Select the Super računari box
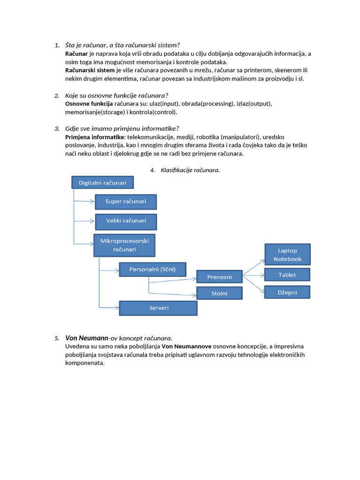(x=126, y=202)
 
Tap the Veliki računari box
(x=126, y=221)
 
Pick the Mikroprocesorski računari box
(x=124, y=245)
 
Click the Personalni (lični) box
(x=152, y=270)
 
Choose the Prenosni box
(x=219, y=277)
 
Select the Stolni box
(x=219, y=293)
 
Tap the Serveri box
(x=158, y=308)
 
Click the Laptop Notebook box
(x=287, y=255)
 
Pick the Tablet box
(x=287, y=275)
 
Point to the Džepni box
(x=287, y=292)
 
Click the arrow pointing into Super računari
(x=84, y=202)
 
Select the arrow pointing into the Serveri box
(x=109, y=307)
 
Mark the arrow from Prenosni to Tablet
(x=254, y=275)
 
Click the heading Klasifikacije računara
(x=190, y=170)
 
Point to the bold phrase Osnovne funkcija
(x=89, y=104)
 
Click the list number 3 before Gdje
(x=57, y=129)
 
